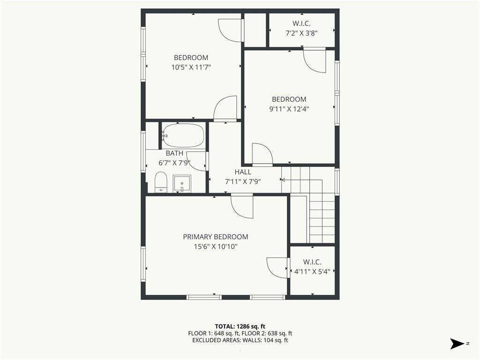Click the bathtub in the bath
click(x=183, y=135)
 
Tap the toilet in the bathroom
click(x=161, y=182)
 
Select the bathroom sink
click(x=182, y=184)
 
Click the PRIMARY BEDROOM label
click(x=216, y=237)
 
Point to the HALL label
click(x=243, y=172)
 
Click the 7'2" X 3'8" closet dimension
click(x=301, y=33)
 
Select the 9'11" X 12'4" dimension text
click(x=289, y=109)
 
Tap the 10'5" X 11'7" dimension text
click(x=191, y=67)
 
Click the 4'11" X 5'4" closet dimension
click(x=312, y=271)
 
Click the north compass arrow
click(x=457, y=344)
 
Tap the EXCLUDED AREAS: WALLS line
click(x=240, y=340)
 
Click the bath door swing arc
click(x=196, y=162)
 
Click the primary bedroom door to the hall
click(x=242, y=206)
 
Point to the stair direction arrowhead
click(x=283, y=180)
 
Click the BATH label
click(x=174, y=153)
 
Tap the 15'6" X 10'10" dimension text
click(x=216, y=247)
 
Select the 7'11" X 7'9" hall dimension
click(x=243, y=181)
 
